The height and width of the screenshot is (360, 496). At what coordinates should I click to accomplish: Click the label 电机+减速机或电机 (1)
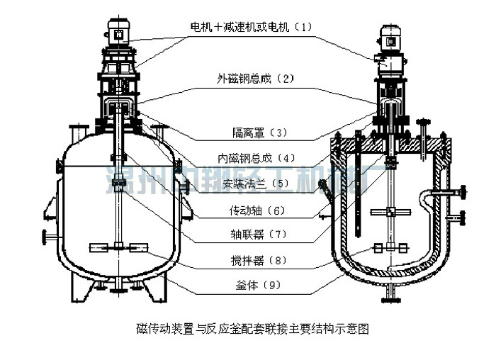click(x=251, y=28)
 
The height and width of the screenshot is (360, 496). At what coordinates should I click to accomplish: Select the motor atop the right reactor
click(x=389, y=38)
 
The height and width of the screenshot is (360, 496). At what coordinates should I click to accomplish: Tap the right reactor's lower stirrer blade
click(x=390, y=248)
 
